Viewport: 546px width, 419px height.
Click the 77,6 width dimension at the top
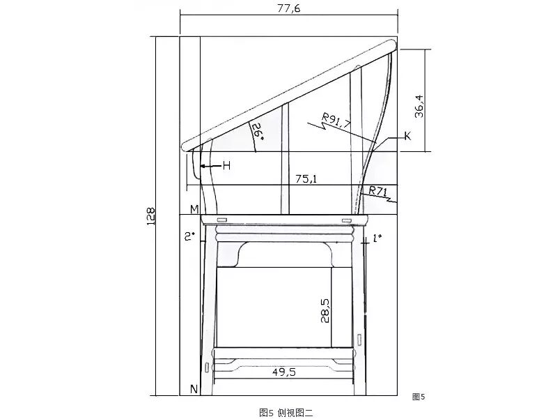288,8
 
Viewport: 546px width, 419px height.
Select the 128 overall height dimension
150,216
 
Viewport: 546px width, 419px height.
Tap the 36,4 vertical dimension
419,106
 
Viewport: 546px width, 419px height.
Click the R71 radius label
378,191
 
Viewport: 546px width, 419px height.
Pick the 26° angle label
258,132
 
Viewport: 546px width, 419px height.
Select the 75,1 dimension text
306,178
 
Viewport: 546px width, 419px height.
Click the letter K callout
407,136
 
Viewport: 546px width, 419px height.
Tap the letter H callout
227,166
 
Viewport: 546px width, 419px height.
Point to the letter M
194,209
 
